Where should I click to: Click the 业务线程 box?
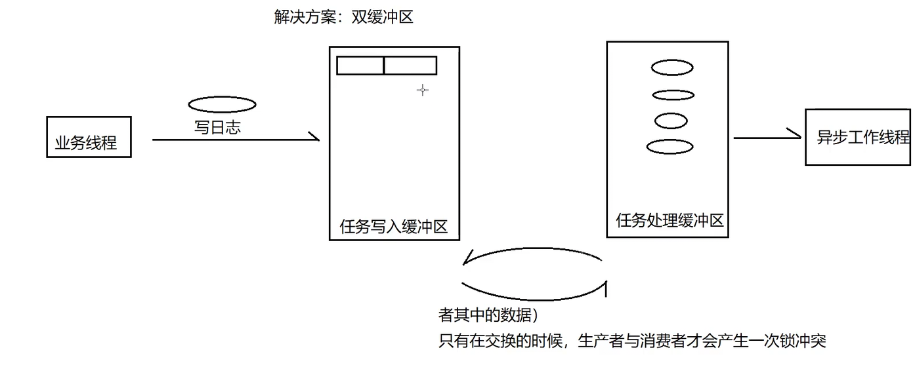[x=89, y=137]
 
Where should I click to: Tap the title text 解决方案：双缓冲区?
[x=343, y=17]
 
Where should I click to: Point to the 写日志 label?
[x=217, y=127]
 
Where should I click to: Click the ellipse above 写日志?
[x=222, y=104]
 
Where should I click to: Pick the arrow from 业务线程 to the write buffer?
[x=235, y=139]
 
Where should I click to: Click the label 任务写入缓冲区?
[x=393, y=227]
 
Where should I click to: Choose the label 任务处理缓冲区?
[x=670, y=220]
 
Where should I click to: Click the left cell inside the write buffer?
[x=360, y=66]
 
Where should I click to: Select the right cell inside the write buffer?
[x=410, y=66]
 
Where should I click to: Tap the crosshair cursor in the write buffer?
[x=423, y=90]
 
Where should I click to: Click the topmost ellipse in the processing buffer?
[x=672, y=67]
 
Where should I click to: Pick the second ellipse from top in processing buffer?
[x=673, y=95]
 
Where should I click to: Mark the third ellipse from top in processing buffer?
[x=671, y=121]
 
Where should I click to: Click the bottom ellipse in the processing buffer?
[x=670, y=147]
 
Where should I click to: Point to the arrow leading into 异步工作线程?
[x=767, y=138]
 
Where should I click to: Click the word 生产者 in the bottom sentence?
[x=598, y=341]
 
